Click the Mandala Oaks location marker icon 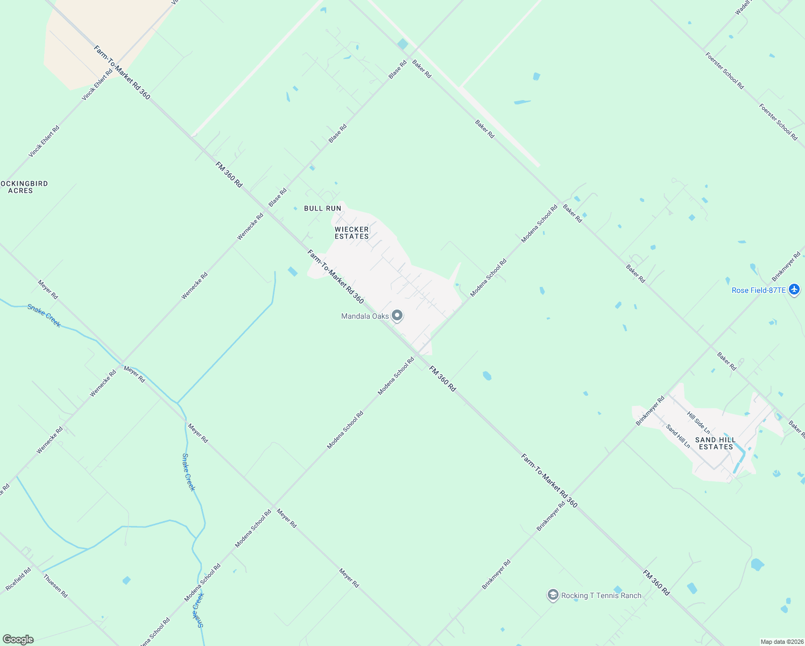[397, 315]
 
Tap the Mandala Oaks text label [365, 316]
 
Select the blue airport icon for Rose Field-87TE [794, 290]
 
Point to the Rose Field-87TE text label [759, 290]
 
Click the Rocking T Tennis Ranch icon [553, 595]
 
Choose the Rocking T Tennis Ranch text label [601, 595]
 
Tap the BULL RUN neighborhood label [322, 208]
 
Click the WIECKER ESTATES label [352, 233]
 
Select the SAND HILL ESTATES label [716, 443]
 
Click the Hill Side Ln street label [698, 423]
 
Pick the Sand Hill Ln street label [678, 437]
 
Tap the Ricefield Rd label [18, 579]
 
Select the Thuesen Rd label [55, 586]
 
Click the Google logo [18, 640]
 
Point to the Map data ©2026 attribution [781, 642]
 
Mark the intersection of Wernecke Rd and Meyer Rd [123, 362]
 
